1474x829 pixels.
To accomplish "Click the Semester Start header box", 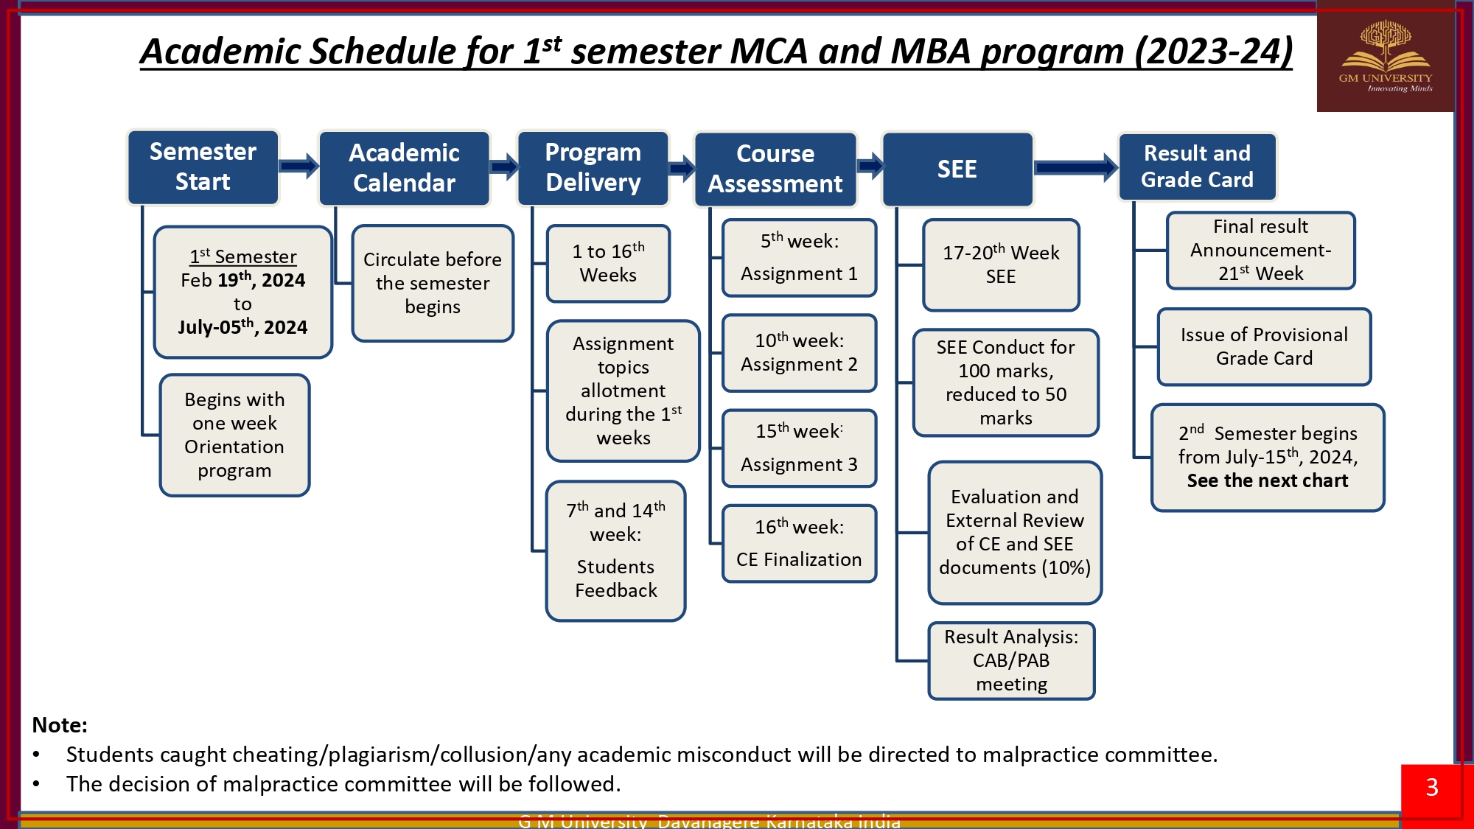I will [x=203, y=167].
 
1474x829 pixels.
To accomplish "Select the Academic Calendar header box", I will [x=404, y=168].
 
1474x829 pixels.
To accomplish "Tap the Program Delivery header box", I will [x=593, y=168].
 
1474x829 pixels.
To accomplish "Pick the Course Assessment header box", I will [x=775, y=169].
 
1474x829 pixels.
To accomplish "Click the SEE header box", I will [x=957, y=169].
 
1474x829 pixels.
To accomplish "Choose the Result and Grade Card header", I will [x=1197, y=167].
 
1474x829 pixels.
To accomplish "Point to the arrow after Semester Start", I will [x=298, y=167].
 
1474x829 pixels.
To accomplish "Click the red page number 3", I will [x=1432, y=787].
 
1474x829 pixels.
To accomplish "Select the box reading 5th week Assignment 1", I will [x=799, y=257].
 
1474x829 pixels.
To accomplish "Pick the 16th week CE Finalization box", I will [x=799, y=543].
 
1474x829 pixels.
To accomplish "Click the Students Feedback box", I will [x=615, y=550].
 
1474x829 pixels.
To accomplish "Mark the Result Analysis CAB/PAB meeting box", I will [x=1011, y=660].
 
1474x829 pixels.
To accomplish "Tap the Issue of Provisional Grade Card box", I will [x=1264, y=346].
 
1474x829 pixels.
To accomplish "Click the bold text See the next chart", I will [x=1267, y=481].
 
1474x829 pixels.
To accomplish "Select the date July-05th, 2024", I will [x=242, y=327].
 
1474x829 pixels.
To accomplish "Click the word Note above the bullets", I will [x=60, y=725].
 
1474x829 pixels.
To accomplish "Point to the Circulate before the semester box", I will [x=433, y=283].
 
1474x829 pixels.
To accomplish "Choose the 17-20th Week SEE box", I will [x=1001, y=265].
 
